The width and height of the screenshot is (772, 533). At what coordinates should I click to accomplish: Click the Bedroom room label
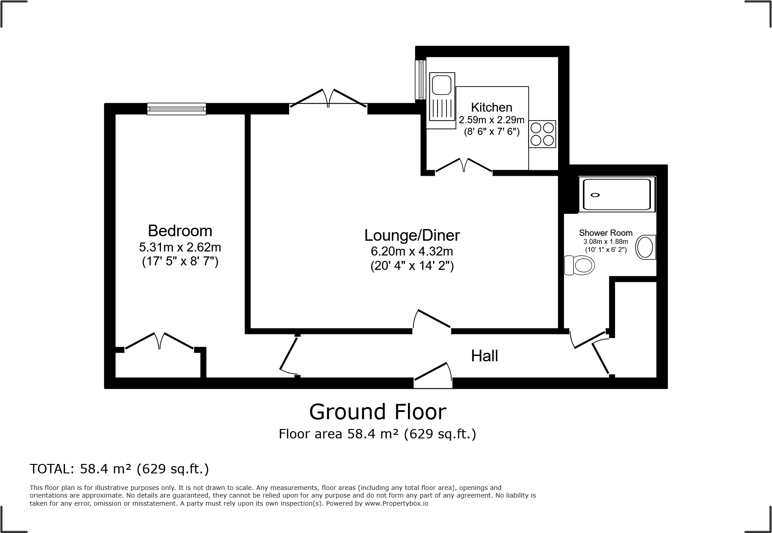tap(180, 231)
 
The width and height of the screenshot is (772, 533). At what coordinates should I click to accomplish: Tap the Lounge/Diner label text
tap(412, 235)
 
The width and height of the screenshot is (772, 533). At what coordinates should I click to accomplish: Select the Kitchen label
tap(491, 107)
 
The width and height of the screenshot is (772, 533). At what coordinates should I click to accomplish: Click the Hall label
tap(484, 356)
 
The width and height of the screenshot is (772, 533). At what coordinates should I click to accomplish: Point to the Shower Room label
tap(605, 233)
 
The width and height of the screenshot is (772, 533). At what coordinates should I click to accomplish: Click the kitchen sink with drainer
tap(442, 97)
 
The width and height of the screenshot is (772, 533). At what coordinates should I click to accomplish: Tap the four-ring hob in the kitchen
tap(542, 134)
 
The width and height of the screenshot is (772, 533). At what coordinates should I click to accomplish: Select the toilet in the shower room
tap(579, 265)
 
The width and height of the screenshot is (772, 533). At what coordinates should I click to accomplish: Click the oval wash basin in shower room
tap(646, 247)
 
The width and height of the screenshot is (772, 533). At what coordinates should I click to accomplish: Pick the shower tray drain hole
tap(595, 195)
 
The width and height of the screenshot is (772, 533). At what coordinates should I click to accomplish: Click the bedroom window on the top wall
tap(177, 108)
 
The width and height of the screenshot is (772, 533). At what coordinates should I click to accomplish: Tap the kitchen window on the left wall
tap(420, 79)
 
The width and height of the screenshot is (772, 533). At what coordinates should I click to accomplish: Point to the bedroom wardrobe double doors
tap(160, 341)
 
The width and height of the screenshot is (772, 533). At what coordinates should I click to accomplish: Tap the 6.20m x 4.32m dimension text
tap(412, 251)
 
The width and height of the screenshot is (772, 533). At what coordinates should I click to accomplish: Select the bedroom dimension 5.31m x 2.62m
tap(180, 247)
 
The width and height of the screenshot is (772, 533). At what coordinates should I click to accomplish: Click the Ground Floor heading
tap(377, 412)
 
